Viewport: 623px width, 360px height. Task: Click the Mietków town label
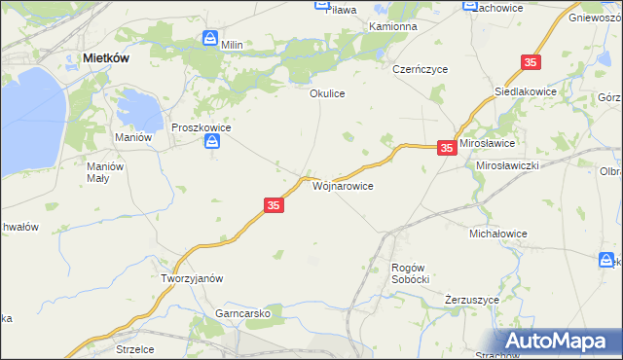coord(108,58)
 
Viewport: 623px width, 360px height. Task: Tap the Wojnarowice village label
coord(342,184)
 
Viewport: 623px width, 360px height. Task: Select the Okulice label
coord(328,93)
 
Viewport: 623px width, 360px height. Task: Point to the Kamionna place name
coord(393,26)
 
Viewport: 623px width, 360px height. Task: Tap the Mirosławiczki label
coord(507,165)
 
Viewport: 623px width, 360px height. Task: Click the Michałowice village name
coord(498,234)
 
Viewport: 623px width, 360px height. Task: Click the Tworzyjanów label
coord(192,277)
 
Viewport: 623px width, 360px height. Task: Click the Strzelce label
coord(137,347)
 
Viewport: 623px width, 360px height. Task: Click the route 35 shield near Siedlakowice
coord(531,62)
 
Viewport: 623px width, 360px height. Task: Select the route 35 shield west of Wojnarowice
coord(274,205)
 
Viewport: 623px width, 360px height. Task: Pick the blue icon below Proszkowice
coord(212,143)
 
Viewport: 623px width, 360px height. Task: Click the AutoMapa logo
coord(559,341)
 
